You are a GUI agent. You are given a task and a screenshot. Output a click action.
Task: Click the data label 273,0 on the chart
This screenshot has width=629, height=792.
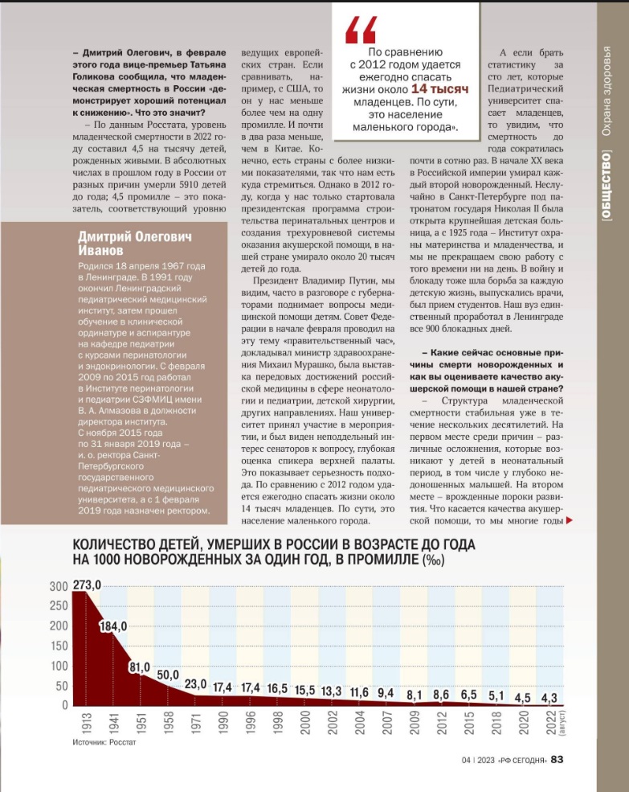click(86, 586)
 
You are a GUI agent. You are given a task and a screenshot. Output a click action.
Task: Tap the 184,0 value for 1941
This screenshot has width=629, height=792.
click(114, 627)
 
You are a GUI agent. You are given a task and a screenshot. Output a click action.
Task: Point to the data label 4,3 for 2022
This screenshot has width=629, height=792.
click(549, 698)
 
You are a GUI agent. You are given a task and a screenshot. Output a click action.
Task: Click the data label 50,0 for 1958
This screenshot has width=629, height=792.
click(168, 675)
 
